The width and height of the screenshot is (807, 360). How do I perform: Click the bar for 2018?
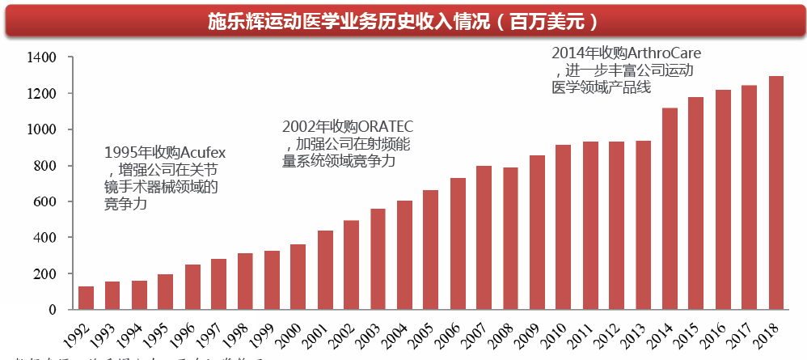tap(775, 193)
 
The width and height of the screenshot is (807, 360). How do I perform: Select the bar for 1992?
tap(86, 298)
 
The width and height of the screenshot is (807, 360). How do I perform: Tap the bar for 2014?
tap(670, 208)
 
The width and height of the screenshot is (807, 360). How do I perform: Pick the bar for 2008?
tap(510, 238)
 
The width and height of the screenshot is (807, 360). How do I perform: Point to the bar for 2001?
tap(324, 269)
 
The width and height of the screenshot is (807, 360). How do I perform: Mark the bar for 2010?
tap(564, 227)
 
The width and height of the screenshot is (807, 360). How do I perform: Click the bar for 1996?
tap(192, 286)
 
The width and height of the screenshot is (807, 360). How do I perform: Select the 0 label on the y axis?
tap(53, 309)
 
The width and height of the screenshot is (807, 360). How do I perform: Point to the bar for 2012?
tap(617, 225)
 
